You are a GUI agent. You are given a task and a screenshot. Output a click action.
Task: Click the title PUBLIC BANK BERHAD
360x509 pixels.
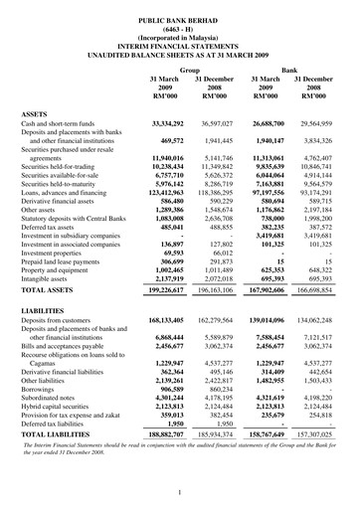click(179, 8)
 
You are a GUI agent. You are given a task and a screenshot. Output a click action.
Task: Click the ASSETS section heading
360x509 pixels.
click(36, 115)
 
